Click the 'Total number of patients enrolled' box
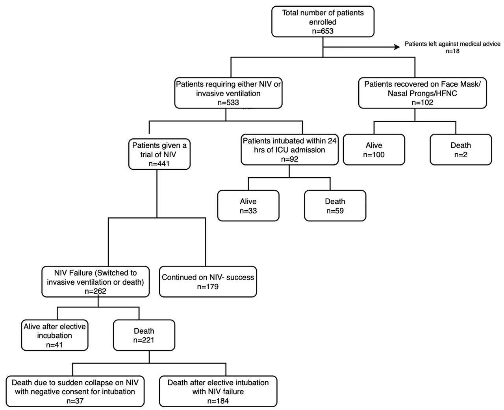(322, 22)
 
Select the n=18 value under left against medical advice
(452, 51)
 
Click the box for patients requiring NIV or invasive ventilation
(228, 93)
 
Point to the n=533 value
(228, 103)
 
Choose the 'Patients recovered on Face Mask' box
(422, 93)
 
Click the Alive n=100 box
(374, 150)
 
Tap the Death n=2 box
(461, 150)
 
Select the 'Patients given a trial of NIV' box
(159, 154)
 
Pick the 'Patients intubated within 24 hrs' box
(289, 149)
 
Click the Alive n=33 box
(248, 206)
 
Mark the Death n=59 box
(335, 206)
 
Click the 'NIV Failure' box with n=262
(95, 281)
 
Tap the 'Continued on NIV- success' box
(208, 281)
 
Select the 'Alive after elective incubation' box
(55, 335)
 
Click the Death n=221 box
(144, 335)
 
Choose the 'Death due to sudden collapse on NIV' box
(75, 392)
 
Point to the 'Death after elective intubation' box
(218, 392)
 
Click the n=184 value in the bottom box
(218, 401)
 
